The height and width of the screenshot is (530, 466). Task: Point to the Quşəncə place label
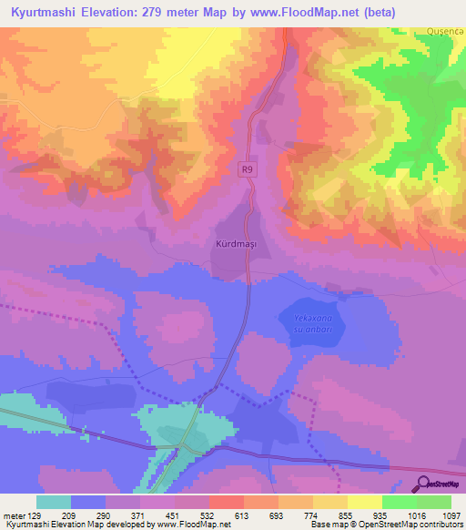pyautogui.click(x=445, y=31)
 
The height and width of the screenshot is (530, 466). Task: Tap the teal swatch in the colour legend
pyautogui.click(x=54, y=502)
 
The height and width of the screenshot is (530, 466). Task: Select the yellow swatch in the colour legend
pyautogui.click(x=364, y=502)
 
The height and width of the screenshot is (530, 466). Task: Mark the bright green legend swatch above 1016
pyautogui.click(x=399, y=502)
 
